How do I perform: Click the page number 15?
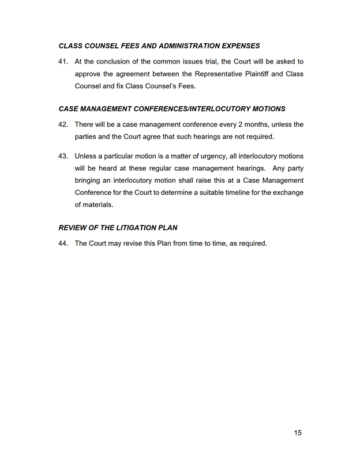(297, 433)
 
